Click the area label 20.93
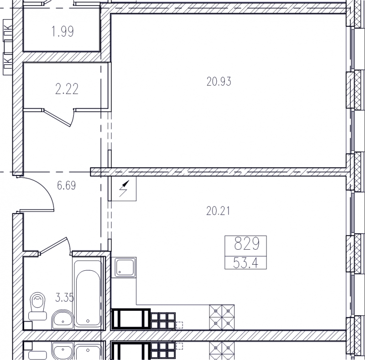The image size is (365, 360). (x=219, y=82)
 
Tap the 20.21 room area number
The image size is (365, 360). (x=218, y=211)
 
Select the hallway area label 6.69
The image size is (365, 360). (x=66, y=185)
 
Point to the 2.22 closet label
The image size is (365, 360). (x=67, y=89)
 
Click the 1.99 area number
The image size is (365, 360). (x=63, y=31)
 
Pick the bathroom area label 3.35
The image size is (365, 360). (x=65, y=298)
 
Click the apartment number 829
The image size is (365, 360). (x=247, y=243)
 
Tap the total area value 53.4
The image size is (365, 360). (x=245, y=263)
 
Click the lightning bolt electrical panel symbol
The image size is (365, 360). (x=123, y=188)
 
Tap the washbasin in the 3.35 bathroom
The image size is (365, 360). (x=63, y=319)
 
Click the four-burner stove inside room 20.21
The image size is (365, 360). (x=222, y=317)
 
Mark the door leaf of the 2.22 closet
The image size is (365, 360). (x=57, y=118)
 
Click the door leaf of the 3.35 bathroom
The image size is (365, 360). (x=53, y=245)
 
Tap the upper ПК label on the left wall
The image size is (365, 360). (x=8, y=30)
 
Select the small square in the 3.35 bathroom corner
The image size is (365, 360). (x=28, y=325)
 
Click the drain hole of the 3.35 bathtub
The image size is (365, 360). (x=88, y=321)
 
